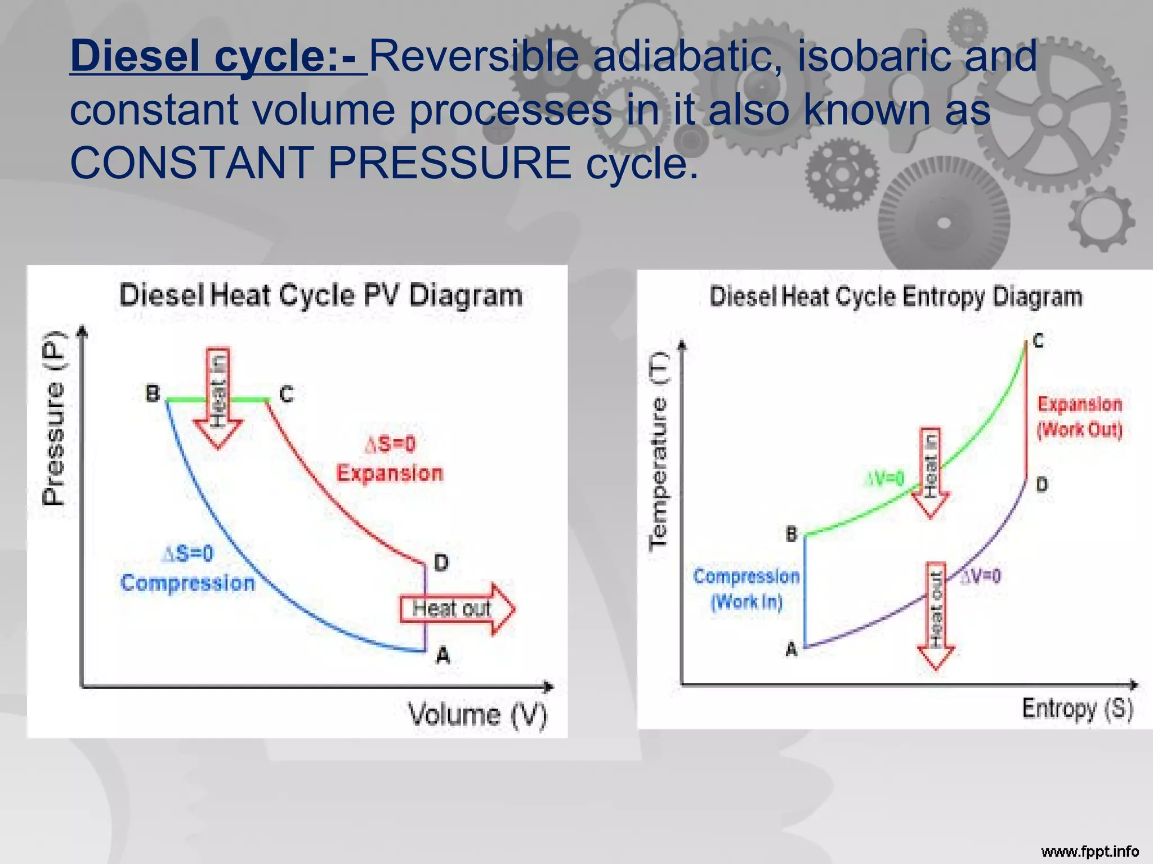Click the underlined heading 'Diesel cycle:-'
pos(218,56)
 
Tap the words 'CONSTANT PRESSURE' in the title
pos(321,163)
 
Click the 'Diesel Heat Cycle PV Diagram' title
pos(321,295)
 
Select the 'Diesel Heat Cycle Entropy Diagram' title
pos(896,297)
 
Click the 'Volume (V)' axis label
pos(477,715)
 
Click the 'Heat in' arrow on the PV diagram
pos(218,397)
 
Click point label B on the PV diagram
pos(153,393)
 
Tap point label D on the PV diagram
pos(441,562)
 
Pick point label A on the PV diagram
pos(443,655)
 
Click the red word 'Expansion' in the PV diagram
pos(390,473)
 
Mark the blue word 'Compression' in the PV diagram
pos(187,583)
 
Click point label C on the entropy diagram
pos(1038,341)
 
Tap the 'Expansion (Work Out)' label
pos(1079,417)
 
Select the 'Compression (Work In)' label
pos(746,589)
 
